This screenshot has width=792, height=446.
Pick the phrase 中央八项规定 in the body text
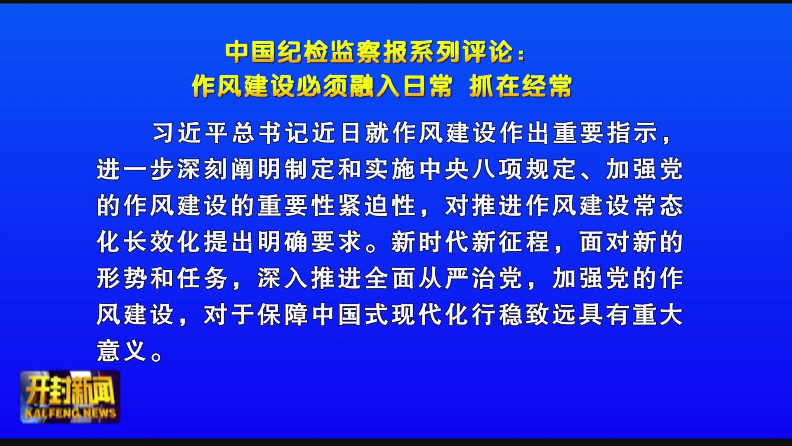click(x=498, y=169)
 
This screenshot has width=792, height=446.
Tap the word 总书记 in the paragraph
click(x=271, y=133)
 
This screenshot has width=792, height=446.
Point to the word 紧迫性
click(x=377, y=206)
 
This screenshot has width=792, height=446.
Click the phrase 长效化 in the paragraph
click(x=164, y=242)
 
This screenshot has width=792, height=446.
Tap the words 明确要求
click(x=310, y=242)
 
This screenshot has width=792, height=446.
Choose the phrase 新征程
click(x=511, y=242)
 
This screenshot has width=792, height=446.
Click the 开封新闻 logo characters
click(x=70, y=390)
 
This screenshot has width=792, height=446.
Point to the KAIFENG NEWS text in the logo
click(x=70, y=413)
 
